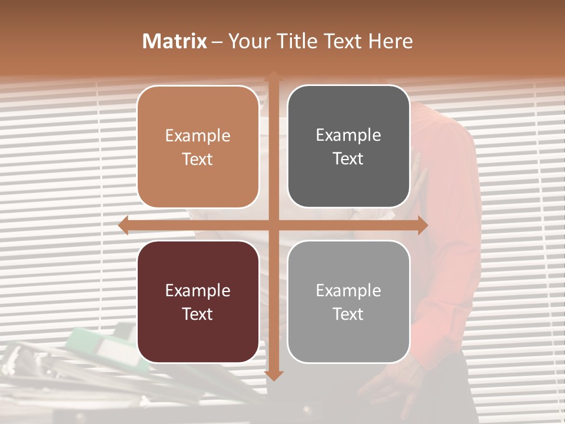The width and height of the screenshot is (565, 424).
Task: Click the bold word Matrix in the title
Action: coord(175,41)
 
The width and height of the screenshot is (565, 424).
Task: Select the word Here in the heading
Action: coord(390,41)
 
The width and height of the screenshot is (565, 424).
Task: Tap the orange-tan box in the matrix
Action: coord(198,147)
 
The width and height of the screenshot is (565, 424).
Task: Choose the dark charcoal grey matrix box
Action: coord(348,147)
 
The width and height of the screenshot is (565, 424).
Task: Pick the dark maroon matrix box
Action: coord(198,302)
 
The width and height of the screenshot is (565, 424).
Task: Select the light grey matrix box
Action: coord(348,302)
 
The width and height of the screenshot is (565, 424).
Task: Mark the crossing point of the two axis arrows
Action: coord(274,226)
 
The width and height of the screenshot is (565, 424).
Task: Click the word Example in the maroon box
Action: coord(198,290)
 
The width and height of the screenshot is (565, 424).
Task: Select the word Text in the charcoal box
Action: coord(348,159)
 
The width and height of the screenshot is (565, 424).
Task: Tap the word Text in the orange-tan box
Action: coord(198,160)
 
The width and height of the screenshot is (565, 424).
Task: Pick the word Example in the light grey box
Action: coord(348,290)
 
